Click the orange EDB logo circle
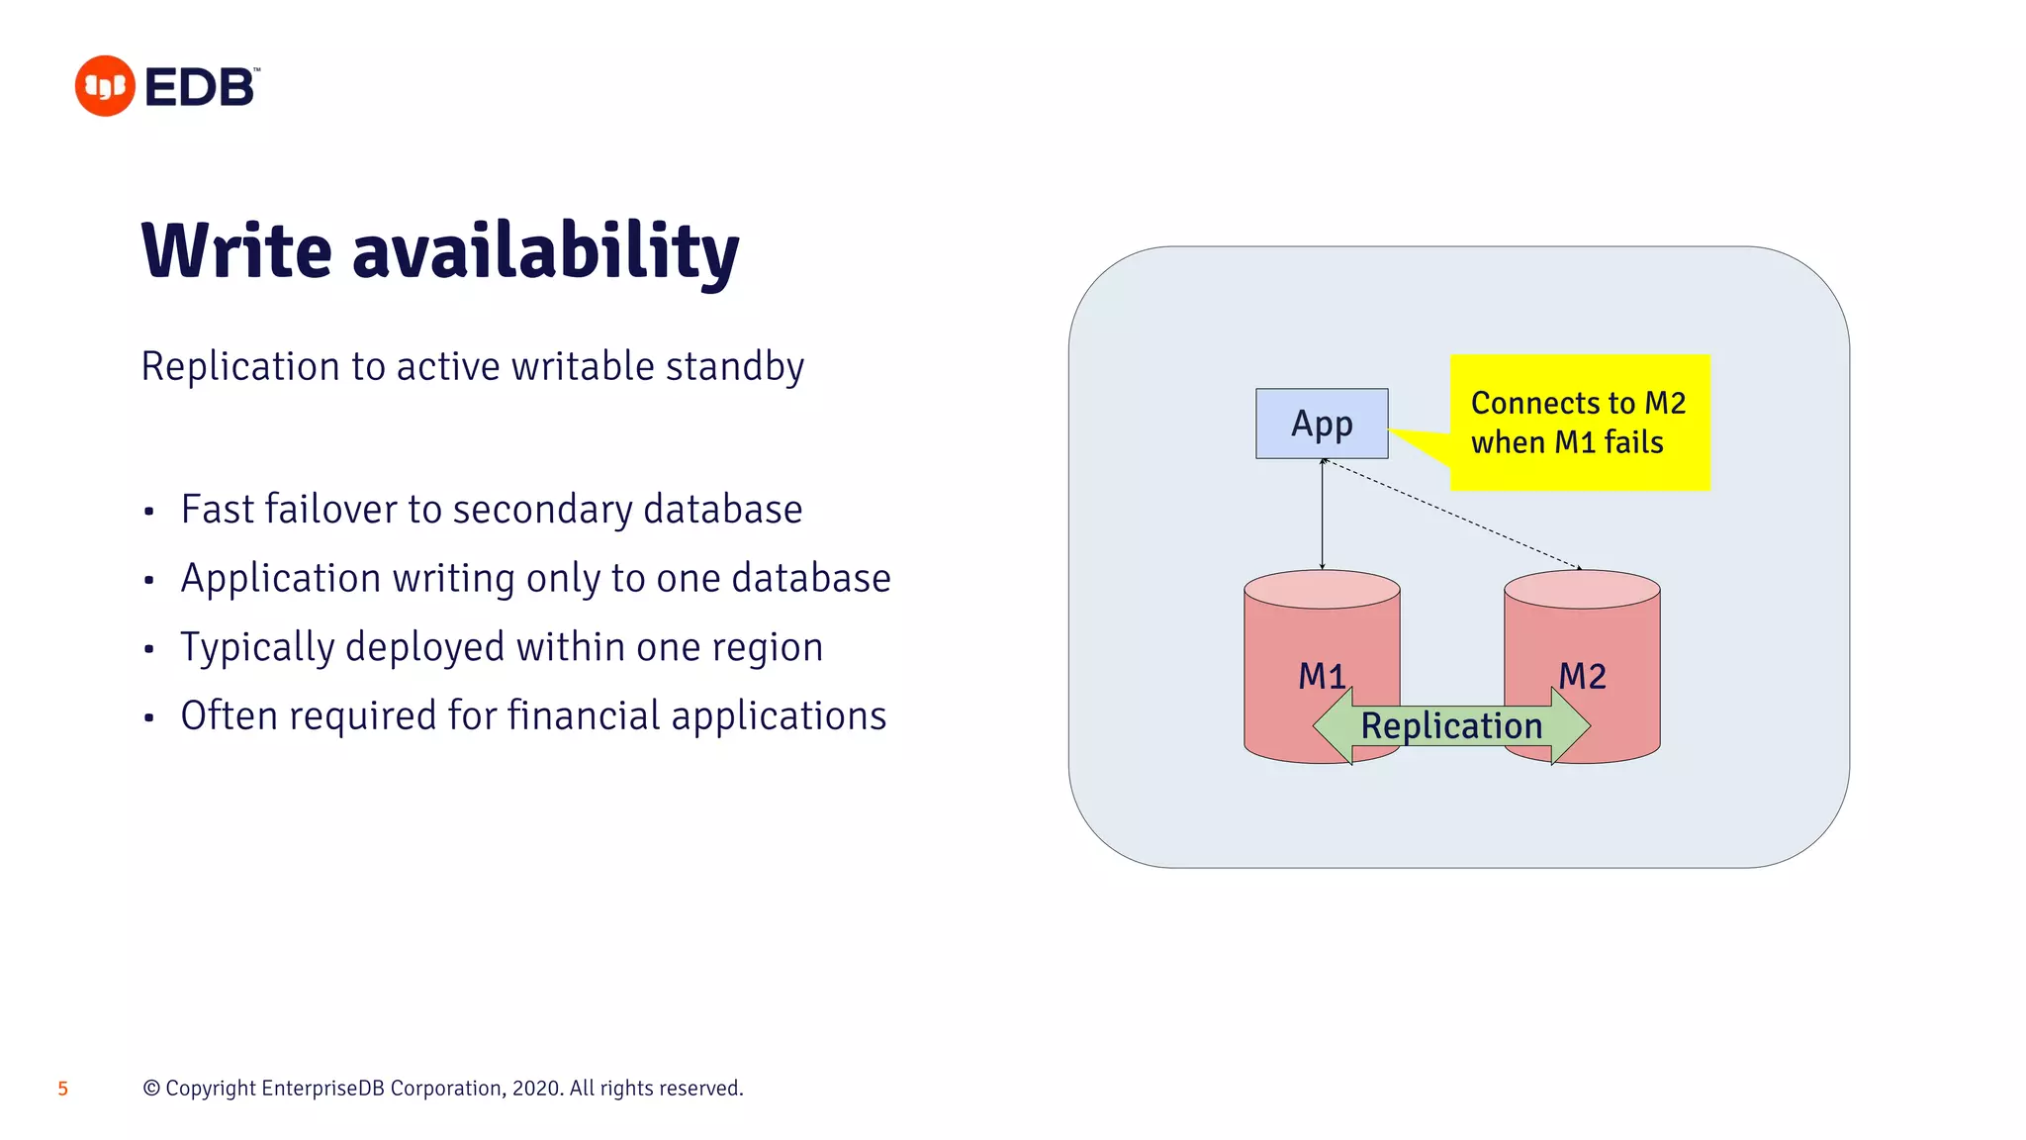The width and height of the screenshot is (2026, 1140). point(105,86)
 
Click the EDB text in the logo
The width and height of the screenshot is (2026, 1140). point(201,88)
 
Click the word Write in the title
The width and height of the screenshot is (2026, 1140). point(236,251)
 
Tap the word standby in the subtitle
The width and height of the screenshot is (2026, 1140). point(734,367)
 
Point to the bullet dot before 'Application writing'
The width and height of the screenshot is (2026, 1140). point(149,580)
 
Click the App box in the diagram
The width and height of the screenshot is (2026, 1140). point(1322,424)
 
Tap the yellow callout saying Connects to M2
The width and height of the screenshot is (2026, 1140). point(1579,423)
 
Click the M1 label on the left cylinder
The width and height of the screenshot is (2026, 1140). point(1322,676)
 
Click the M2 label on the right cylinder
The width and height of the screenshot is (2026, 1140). point(1582,676)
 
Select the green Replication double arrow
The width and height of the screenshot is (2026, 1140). point(1451,726)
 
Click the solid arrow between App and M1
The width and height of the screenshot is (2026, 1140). point(1323,515)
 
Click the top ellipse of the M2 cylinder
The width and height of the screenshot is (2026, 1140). point(1582,590)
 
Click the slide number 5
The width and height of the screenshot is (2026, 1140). point(63,1090)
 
